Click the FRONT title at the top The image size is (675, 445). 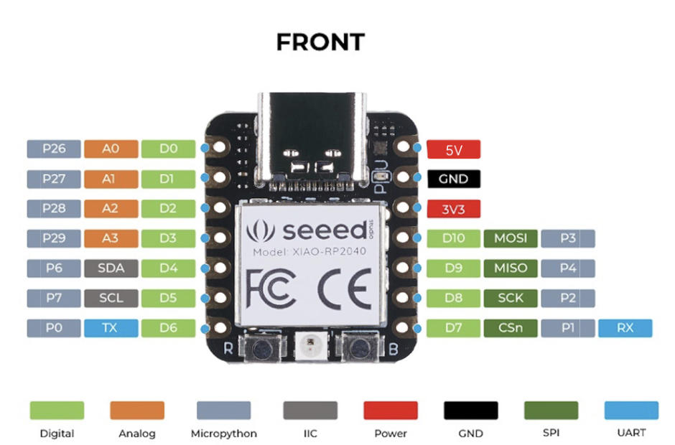pos(320,42)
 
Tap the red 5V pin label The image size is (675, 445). pos(454,149)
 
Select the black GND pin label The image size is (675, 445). pos(454,179)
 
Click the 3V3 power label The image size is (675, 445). pos(454,209)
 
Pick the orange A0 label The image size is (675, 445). pos(111,149)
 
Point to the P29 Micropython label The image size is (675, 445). pos(54,238)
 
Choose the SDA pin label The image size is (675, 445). pos(111,268)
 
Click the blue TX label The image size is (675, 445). pos(111,328)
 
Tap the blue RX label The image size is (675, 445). pos(625,328)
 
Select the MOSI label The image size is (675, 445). pos(511,238)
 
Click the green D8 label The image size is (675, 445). pos(454,298)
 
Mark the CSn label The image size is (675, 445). pos(511,328)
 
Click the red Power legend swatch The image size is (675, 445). pos(391,410)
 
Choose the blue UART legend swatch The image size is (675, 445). pos(630,410)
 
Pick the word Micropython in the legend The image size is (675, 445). pos(223,434)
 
